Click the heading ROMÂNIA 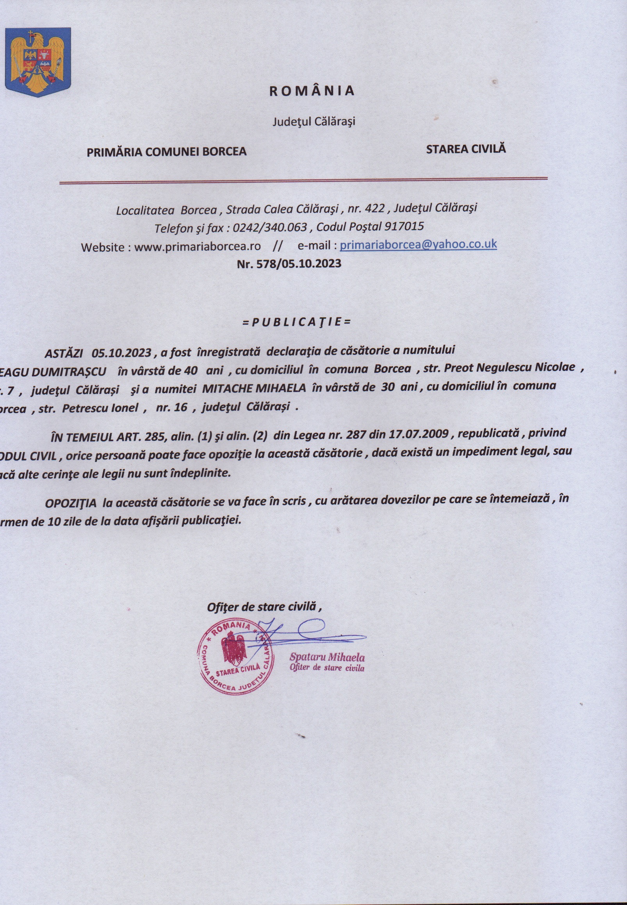pyautogui.click(x=312, y=91)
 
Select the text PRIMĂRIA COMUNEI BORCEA pyautogui.click(x=166, y=151)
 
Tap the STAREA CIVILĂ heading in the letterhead pyautogui.click(x=466, y=149)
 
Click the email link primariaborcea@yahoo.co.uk pyautogui.click(x=418, y=244)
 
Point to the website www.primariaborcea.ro pyautogui.click(x=197, y=247)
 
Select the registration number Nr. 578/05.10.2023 pyautogui.click(x=289, y=263)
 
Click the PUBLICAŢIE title pyautogui.click(x=297, y=322)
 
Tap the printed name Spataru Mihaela pyautogui.click(x=327, y=657)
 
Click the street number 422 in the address pyautogui.click(x=374, y=208)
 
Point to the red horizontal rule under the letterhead pyautogui.click(x=303, y=181)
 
